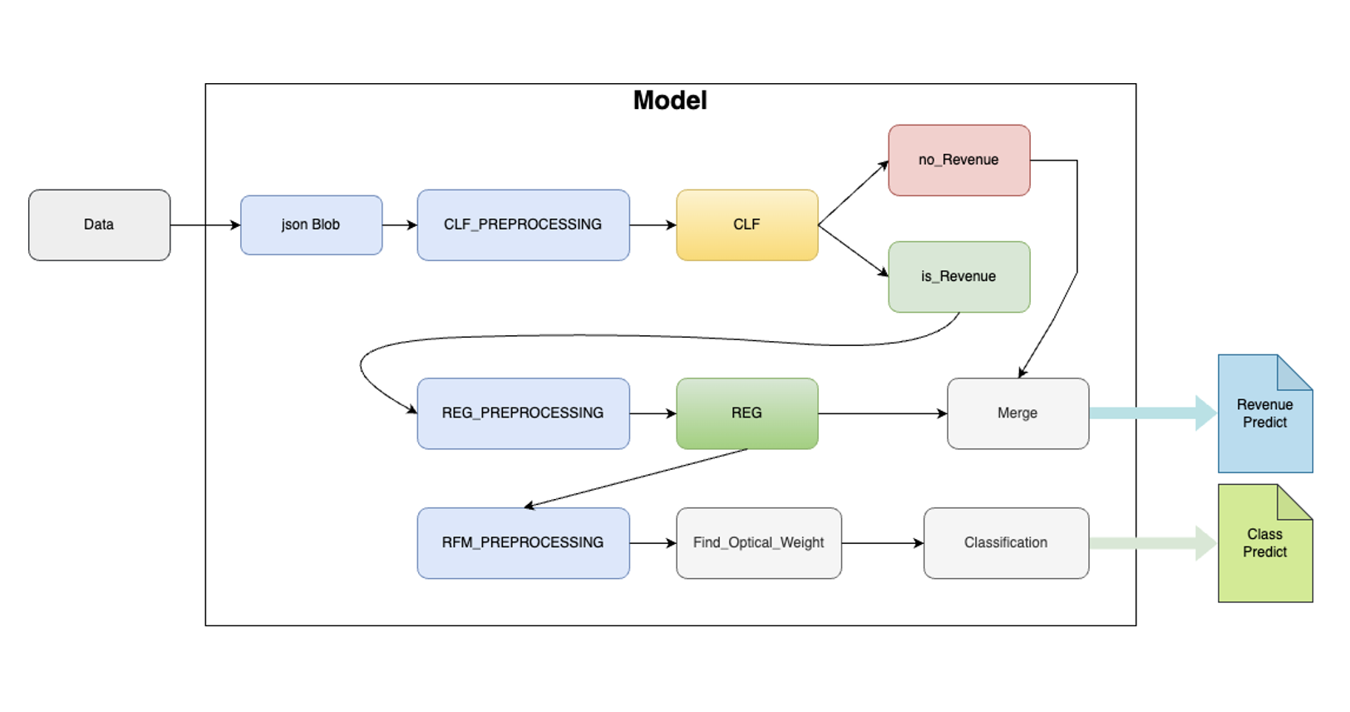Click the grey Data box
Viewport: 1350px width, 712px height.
pos(99,225)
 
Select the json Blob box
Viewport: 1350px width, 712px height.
pos(311,225)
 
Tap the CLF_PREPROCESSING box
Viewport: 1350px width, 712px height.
pos(523,225)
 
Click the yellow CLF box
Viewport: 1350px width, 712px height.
pos(746,225)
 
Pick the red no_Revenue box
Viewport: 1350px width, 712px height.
pos(958,160)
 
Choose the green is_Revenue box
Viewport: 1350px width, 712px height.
pos(958,276)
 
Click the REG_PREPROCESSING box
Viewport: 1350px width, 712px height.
pos(523,413)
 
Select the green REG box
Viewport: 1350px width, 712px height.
pos(746,413)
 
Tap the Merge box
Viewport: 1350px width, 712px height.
pos(1017,413)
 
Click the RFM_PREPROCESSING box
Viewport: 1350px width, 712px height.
pos(523,542)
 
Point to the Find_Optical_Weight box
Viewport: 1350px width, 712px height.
pos(758,542)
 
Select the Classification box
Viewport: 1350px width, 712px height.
pos(1006,542)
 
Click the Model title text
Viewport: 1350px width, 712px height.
pos(670,101)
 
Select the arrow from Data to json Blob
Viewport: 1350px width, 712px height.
pos(204,225)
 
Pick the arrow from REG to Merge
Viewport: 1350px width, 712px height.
pos(881,413)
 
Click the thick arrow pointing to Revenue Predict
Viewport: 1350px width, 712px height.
pos(1151,413)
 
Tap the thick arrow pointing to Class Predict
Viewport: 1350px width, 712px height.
pos(1151,543)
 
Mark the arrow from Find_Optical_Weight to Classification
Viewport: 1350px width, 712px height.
pos(882,543)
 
